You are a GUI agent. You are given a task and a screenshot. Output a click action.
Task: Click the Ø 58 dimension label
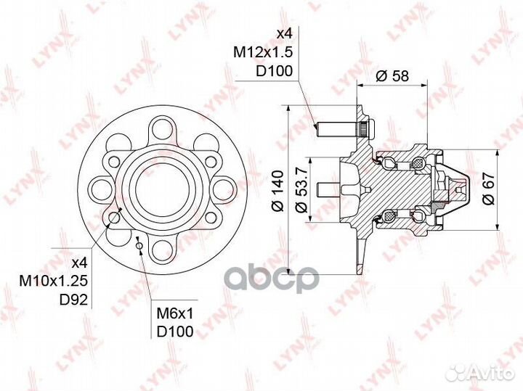point(392,76)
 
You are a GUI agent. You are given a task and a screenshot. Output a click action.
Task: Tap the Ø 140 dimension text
point(277,191)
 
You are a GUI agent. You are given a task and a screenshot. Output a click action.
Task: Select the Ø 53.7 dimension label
point(301,191)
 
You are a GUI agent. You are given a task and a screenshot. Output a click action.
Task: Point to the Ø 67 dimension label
point(488,189)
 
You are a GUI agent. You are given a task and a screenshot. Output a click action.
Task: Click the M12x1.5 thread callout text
point(263,52)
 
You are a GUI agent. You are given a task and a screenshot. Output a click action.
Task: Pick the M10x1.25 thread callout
point(54,281)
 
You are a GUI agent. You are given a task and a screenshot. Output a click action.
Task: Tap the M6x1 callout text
point(175,313)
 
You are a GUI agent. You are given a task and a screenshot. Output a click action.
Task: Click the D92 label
point(73,300)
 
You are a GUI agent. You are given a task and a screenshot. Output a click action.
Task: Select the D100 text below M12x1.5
point(274,71)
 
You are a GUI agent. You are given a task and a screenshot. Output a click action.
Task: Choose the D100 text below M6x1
point(175,332)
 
